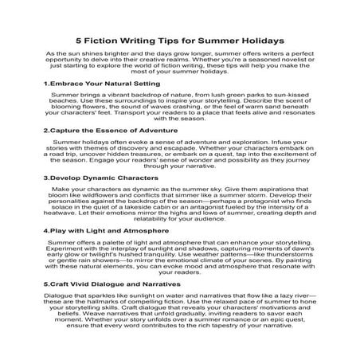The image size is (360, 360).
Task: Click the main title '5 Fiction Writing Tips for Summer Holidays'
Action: pos(180,37)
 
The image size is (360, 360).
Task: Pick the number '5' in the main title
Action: pos(78,37)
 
